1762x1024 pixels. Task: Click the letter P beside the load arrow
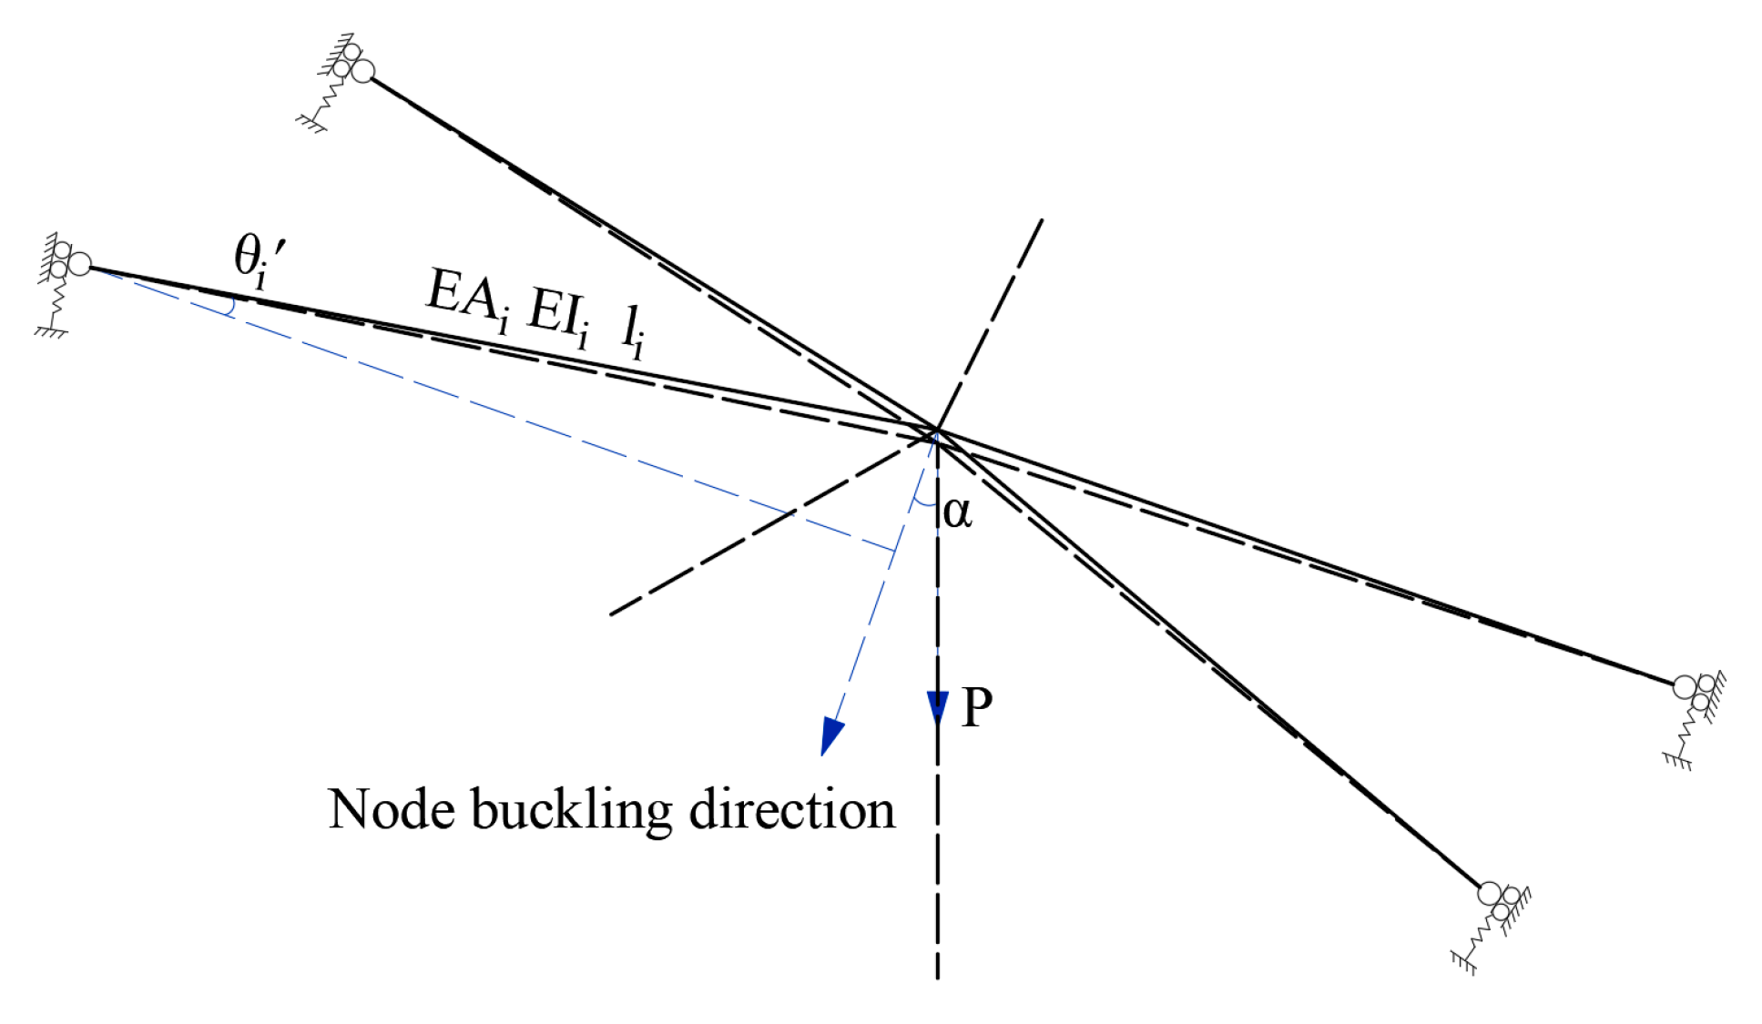[x=977, y=706]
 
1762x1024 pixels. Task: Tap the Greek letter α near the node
[x=957, y=512]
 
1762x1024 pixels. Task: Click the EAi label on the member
[x=467, y=297]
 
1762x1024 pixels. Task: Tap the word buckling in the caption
[x=571, y=811]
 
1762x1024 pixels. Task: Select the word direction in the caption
[x=791, y=809]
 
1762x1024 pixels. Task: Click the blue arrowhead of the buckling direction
[x=830, y=734]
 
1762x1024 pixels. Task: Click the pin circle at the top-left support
[x=362, y=71]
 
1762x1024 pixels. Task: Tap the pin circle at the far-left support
[x=80, y=265]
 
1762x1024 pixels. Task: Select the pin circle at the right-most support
[x=1685, y=686]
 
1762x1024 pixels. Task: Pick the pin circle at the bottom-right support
[x=1489, y=893]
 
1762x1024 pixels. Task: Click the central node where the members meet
[x=936, y=430]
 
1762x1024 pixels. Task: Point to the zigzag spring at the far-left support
[x=58, y=299]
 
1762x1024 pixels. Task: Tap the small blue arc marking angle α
[x=925, y=503]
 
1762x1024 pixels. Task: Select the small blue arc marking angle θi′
[x=230, y=306]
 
